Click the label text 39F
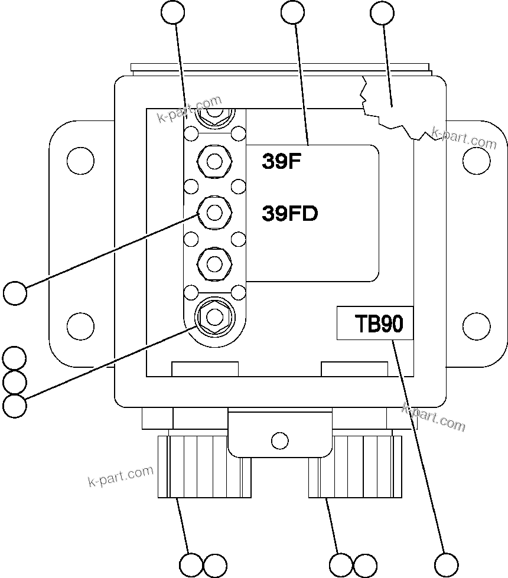(282, 162)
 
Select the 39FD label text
(290, 213)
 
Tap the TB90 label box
(375, 324)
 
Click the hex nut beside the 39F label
(215, 161)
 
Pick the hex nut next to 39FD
(215, 211)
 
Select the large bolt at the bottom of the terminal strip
(214, 317)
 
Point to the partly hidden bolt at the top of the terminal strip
(215, 114)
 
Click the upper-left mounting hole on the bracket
(80, 159)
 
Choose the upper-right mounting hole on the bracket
(476, 159)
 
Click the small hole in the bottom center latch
(279, 440)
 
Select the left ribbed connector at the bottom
(204, 466)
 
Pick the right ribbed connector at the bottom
(355, 466)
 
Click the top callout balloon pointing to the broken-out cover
(382, 12)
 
